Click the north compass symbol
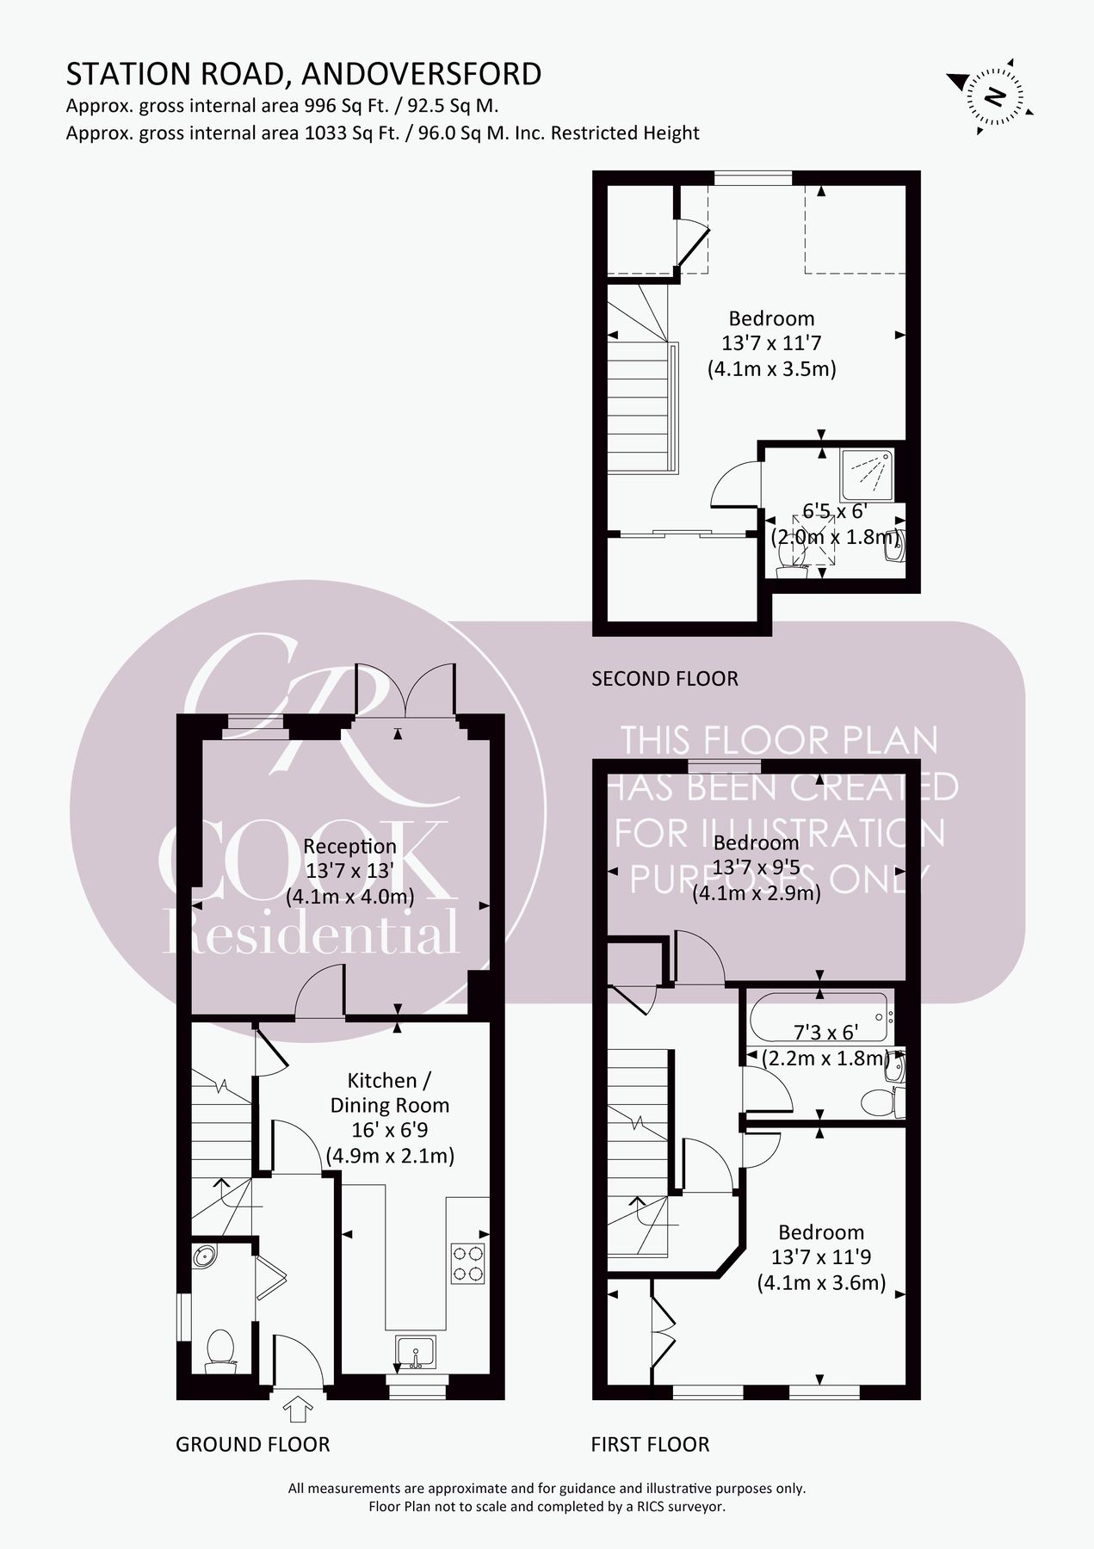(994, 96)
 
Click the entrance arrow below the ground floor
(298, 1408)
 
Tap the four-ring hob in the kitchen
(467, 1263)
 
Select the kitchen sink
(416, 1352)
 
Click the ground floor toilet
(220, 1351)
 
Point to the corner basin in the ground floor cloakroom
(205, 1257)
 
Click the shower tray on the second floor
(867, 474)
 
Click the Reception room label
(349, 846)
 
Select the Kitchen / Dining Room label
(389, 1092)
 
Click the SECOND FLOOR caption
(664, 679)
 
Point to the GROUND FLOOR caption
(252, 1444)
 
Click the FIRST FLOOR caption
(650, 1444)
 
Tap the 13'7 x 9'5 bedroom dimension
(756, 867)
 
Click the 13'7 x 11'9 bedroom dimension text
(820, 1257)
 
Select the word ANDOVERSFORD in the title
(421, 74)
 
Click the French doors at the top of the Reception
(405, 690)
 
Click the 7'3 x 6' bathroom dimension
(825, 1033)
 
